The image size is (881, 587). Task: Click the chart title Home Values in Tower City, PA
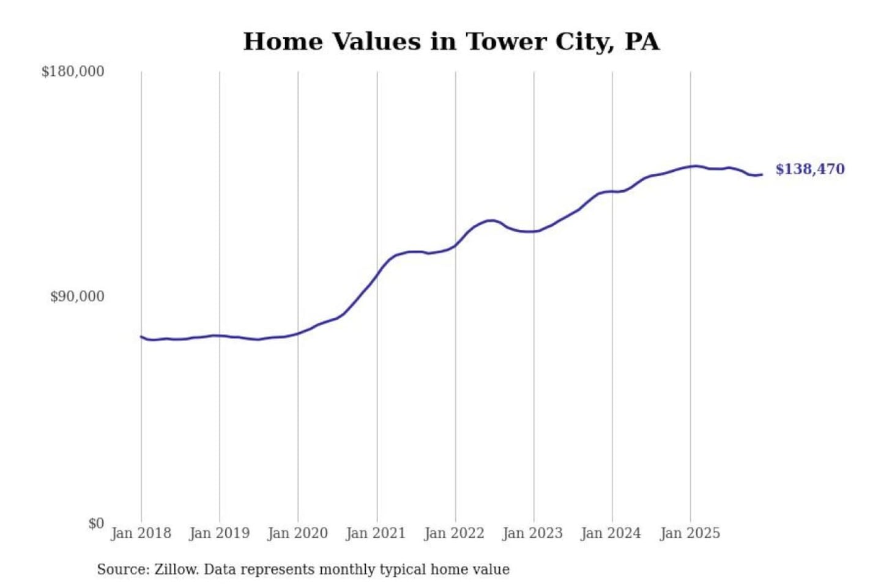pyautogui.click(x=452, y=42)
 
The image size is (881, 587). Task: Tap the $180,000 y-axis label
pyautogui.click(x=73, y=72)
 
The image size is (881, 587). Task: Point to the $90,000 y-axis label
pyautogui.click(x=77, y=297)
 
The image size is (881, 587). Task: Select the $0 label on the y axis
pyautogui.click(x=96, y=523)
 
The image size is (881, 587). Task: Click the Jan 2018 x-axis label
pyautogui.click(x=141, y=533)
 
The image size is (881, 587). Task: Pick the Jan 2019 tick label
pyautogui.click(x=220, y=533)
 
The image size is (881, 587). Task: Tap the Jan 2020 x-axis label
pyautogui.click(x=298, y=533)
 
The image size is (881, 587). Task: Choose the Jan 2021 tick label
pyautogui.click(x=376, y=533)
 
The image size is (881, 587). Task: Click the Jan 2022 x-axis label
pyautogui.click(x=455, y=533)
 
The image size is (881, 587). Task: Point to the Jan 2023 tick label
pyautogui.click(x=533, y=533)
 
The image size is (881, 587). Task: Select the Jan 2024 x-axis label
pyautogui.click(x=611, y=533)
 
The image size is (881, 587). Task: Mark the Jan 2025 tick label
pyautogui.click(x=690, y=533)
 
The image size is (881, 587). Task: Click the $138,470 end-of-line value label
pyautogui.click(x=810, y=169)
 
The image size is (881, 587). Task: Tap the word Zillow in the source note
pyautogui.click(x=176, y=570)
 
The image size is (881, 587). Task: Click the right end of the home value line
pyautogui.click(x=761, y=175)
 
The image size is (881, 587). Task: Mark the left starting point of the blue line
pyautogui.click(x=141, y=336)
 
